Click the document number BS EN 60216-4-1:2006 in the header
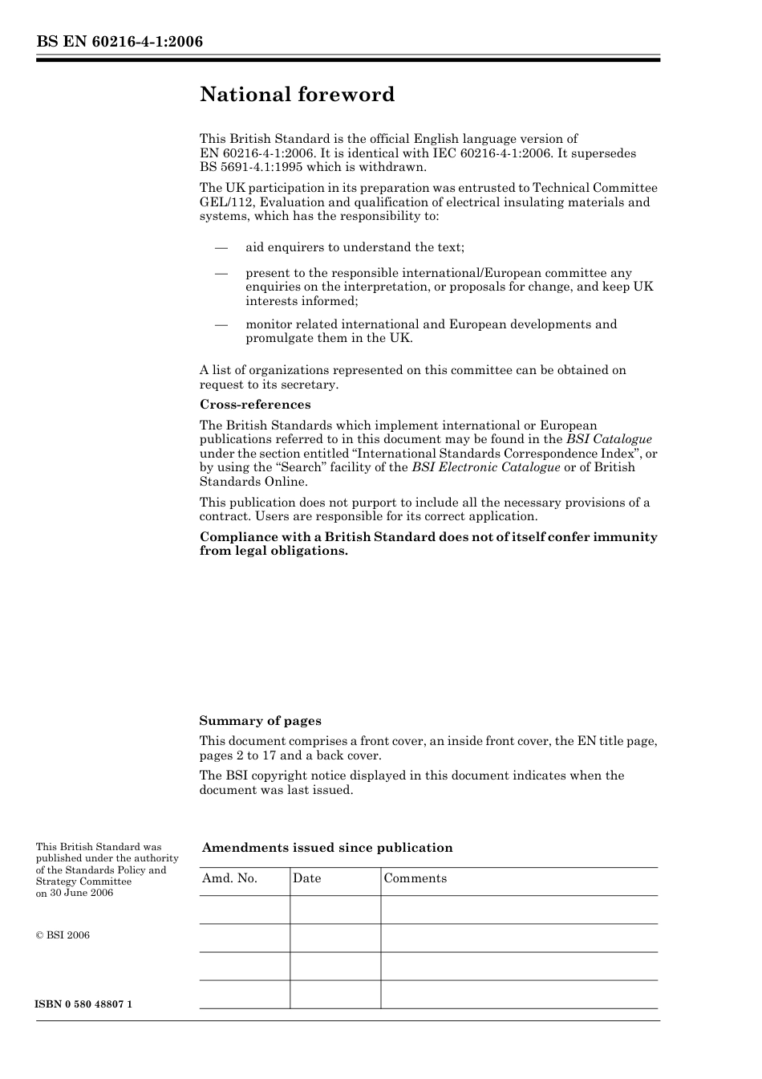(120, 41)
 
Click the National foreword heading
(297, 95)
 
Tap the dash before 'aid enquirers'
(221, 247)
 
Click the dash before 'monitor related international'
(221, 324)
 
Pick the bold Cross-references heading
(255, 405)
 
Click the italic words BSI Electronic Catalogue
(486, 467)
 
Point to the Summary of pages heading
(260, 721)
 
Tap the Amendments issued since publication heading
(327, 848)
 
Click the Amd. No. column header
(230, 878)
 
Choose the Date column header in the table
(306, 878)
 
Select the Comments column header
(415, 878)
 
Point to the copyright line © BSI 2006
(63, 934)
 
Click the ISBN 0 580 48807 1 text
(84, 1005)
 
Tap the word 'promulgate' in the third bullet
(277, 338)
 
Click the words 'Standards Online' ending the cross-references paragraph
(253, 482)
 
